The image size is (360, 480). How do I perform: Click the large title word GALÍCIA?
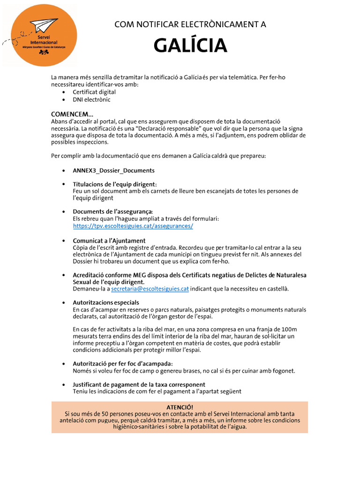[190, 46]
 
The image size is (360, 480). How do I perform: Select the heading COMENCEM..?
[72, 114]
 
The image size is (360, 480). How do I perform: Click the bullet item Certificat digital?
[94, 92]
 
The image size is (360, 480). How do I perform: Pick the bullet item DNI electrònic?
[91, 100]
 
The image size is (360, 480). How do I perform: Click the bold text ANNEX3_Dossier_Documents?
[113, 171]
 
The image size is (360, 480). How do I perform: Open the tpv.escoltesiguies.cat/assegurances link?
[133, 226]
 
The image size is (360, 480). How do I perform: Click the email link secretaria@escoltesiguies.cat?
[150, 289]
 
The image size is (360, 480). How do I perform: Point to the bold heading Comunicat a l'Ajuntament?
[109, 241]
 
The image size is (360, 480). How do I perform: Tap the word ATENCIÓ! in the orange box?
[180, 407]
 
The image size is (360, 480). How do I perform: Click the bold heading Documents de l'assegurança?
[113, 211]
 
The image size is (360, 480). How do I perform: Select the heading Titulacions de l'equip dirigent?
[115, 184]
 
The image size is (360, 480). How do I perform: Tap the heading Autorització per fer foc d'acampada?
[123, 364]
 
